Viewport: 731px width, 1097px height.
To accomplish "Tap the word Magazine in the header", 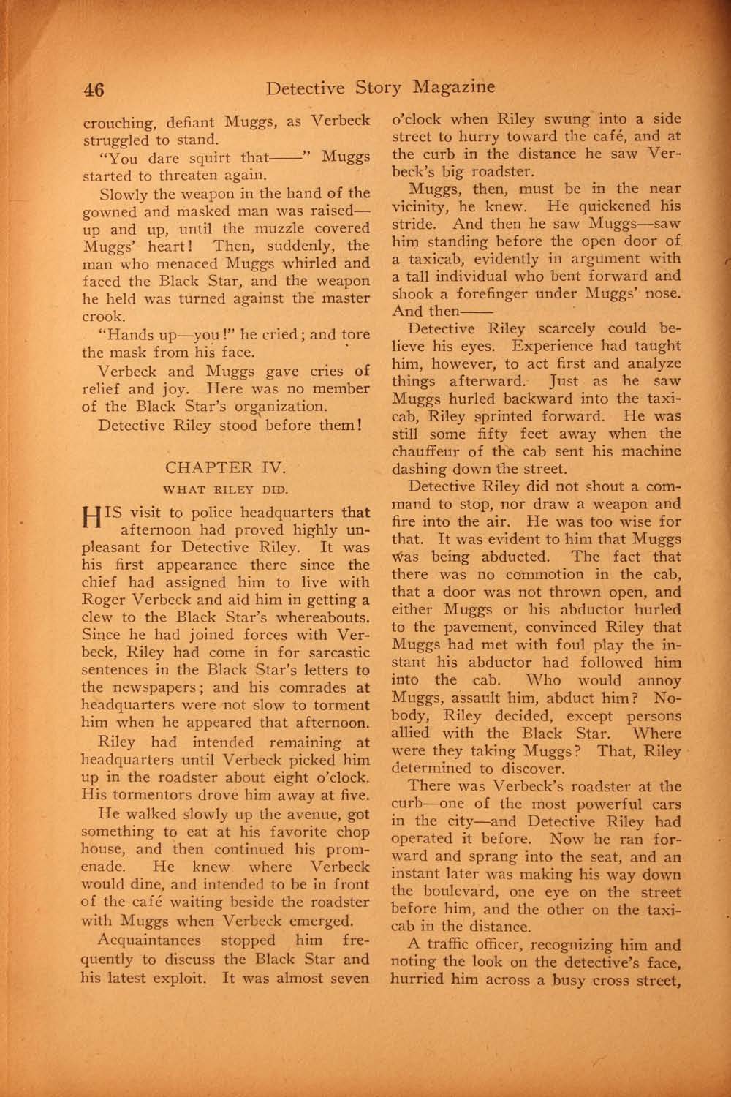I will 453,88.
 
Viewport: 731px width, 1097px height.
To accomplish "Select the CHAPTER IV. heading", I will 222,468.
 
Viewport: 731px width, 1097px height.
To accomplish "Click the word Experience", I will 559,346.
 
